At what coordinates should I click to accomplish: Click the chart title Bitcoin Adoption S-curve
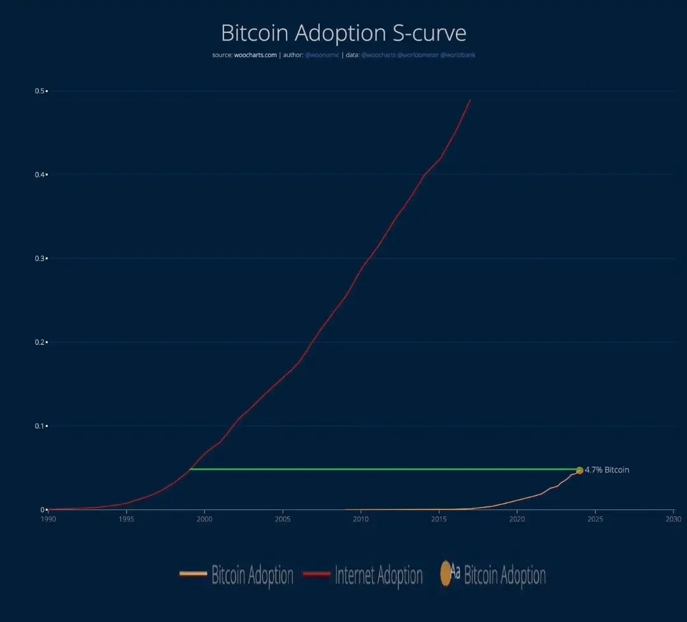pyautogui.click(x=343, y=32)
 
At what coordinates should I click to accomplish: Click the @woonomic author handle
pyautogui.click(x=322, y=55)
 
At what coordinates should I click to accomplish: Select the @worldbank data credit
pyautogui.click(x=458, y=55)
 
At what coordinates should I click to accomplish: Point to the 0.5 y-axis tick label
pyautogui.click(x=39, y=91)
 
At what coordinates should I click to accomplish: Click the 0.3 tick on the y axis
pyautogui.click(x=39, y=258)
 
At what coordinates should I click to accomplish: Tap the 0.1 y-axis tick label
pyautogui.click(x=39, y=426)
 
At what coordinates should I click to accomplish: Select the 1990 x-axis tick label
pyautogui.click(x=49, y=519)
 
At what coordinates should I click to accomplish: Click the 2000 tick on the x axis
pyautogui.click(x=204, y=519)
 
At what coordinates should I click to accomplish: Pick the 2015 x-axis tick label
pyautogui.click(x=439, y=519)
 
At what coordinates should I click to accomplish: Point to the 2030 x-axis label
pyautogui.click(x=673, y=519)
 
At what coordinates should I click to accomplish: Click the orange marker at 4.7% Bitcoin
pyautogui.click(x=579, y=470)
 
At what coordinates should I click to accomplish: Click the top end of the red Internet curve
pyautogui.click(x=470, y=100)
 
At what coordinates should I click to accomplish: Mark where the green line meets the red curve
pyautogui.click(x=190, y=469)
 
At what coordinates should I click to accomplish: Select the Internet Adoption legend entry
pyautogui.click(x=378, y=576)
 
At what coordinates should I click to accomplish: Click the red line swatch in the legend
pyautogui.click(x=316, y=574)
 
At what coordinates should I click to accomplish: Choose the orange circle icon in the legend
pyautogui.click(x=446, y=574)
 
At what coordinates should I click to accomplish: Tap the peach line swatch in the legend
pyautogui.click(x=193, y=574)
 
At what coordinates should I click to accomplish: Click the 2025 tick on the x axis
pyautogui.click(x=595, y=519)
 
